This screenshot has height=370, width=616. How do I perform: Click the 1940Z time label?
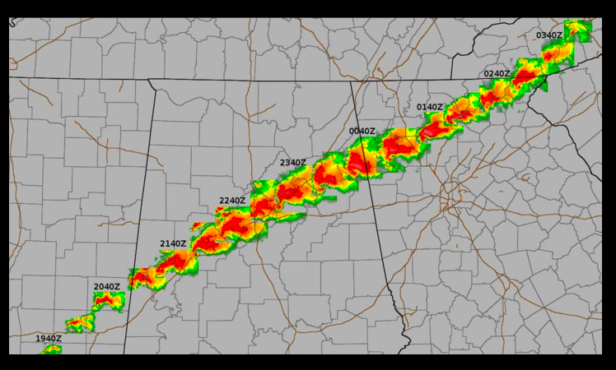point(48,338)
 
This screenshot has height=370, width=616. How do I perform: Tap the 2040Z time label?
point(107,287)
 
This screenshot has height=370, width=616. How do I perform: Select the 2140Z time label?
point(173,243)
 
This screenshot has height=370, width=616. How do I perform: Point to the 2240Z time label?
point(232,201)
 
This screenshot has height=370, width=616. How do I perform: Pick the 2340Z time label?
point(292,163)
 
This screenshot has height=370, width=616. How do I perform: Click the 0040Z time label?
point(362,131)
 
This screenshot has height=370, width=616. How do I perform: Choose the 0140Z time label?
point(430,107)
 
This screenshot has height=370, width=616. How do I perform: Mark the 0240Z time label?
point(497,74)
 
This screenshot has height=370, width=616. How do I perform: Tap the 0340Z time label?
point(549,35)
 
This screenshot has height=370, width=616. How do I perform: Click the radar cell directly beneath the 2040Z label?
point(108,300)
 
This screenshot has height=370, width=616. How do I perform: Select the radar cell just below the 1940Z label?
point(51,349)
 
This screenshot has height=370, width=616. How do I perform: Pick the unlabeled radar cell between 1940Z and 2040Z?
point(80,323)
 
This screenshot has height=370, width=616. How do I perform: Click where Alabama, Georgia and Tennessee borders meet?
point(352,81)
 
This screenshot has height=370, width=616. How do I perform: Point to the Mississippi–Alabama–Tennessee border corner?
point(149,80)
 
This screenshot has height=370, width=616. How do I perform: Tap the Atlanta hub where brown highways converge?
point(450,196)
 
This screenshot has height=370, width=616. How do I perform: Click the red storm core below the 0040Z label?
point(360,163)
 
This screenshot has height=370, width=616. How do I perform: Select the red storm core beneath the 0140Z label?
point(434,128)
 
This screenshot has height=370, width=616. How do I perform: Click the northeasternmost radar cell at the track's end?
point(578,30)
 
